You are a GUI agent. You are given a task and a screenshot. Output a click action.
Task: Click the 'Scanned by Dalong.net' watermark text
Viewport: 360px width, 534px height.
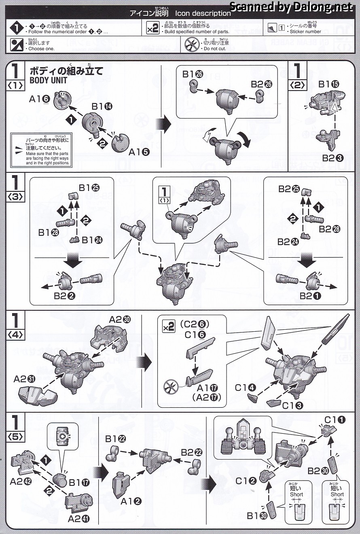point(291,6)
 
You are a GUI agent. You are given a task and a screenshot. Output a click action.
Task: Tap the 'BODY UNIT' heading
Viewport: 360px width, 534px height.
point(48,80)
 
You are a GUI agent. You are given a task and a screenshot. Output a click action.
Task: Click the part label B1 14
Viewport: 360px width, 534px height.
point(102,106)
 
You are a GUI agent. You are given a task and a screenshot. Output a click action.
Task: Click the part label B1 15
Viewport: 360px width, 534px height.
point(328,85)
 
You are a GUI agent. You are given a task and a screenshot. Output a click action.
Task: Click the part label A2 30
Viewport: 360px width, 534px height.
point(119,320)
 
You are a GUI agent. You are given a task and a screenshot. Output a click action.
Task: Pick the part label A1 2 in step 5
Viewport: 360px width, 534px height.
point(131,501)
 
